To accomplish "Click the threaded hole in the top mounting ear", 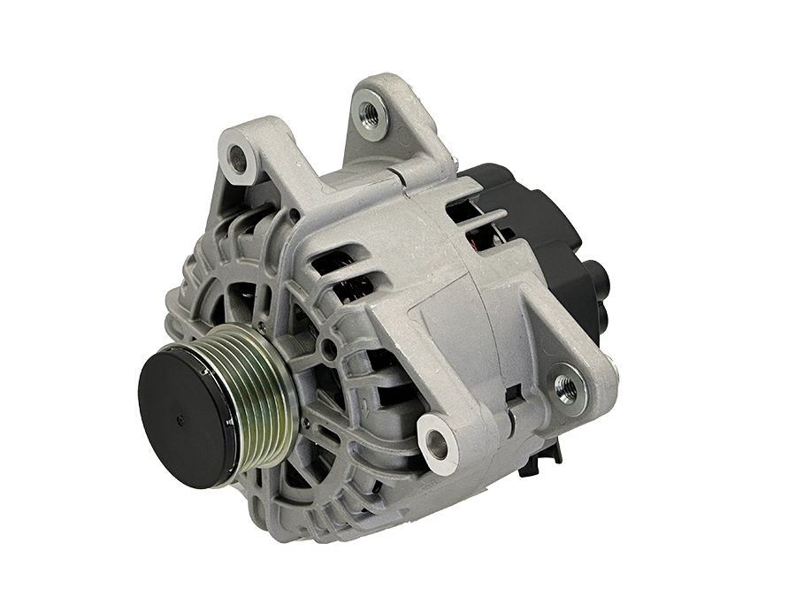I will tap(367, 112).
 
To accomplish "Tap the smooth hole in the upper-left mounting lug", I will tap(237, 160).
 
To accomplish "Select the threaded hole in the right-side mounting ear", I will tap(565, 385).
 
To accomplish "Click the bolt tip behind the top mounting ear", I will tap(454, 160).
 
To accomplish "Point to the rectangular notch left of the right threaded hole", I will tap(514, 390).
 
